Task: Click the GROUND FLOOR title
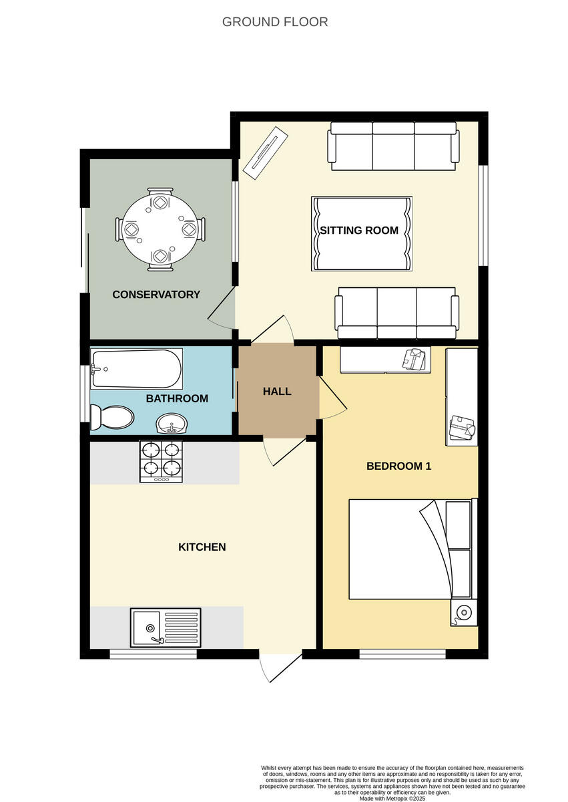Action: click(275, 22)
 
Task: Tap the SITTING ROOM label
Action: click(359, 231)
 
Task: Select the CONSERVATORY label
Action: click(156, 295)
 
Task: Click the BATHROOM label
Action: click(177, 398)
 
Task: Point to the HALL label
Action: click(277, 392)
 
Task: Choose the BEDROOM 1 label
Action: click(398, 466)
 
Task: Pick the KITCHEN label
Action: click(202, 547)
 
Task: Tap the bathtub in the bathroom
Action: click(137, 369)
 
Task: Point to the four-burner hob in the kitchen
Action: click(161, 461)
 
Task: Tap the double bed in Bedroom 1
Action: click(400, 549)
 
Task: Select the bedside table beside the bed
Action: click(464, 612)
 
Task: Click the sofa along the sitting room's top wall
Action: click(392, 146)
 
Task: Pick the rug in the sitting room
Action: click(361, 234)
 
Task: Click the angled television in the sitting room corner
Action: click(265, 153)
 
